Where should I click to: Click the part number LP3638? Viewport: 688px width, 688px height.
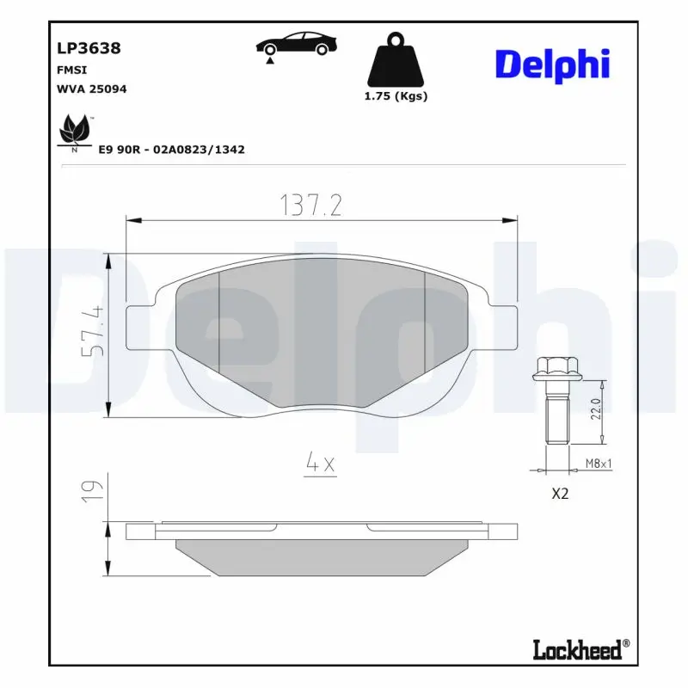tap(89, 48)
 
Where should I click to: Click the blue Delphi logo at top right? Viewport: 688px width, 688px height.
tap(552, 64)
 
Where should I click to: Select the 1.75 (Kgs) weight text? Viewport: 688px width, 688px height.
tap(396, 96)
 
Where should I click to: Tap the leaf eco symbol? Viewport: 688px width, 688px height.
tap(74, 132)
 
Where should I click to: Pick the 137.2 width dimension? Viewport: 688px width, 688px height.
tap(311, 205)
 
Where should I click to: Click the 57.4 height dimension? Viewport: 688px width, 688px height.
tap(93, 331)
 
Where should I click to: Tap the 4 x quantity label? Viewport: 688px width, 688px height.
tap(321, 464)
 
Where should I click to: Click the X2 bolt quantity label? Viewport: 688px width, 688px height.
tap(560, 494)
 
